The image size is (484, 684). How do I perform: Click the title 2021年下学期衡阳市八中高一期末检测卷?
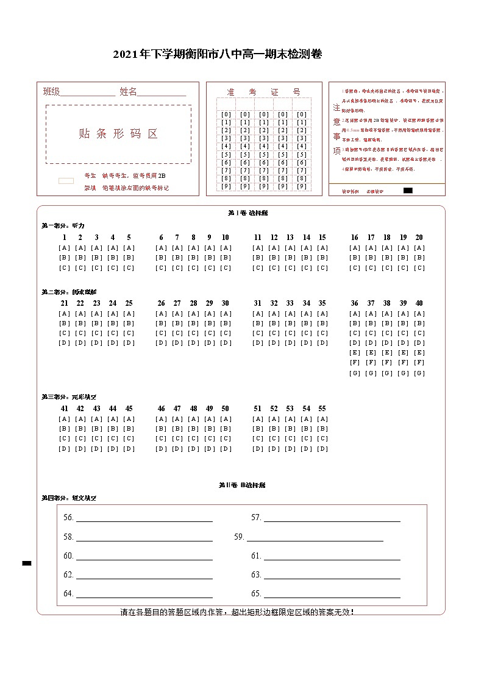pyautogui.click(x=217, y=54)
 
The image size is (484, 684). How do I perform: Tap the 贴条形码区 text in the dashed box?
pyautogui.click(x=118, y=134)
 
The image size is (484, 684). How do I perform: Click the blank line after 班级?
pyautogui.click(x=88, y=93)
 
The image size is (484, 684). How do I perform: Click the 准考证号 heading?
pyautogui.click(x=263, y=92)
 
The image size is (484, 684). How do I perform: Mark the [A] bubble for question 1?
pyautogui.click(x=64, y=248)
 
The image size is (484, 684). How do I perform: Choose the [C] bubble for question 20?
pyautogui.click(x=419, y=268)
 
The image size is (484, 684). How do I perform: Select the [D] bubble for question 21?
pyautogui.click(x=64, y=343)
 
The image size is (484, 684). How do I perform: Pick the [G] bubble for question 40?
pyautogui.click(x=419, y=373)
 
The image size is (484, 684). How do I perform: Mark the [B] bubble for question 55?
pyautogui.click(x=322, y=429)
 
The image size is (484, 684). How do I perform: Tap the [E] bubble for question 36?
pyautogui.click(x=355, y=353)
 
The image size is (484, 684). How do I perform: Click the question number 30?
pyautogui.click(x=226, y=303)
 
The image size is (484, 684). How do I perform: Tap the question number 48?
pyautogui.click(x=193, y=409)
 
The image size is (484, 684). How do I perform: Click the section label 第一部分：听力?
pyautogui.click(x=63, y=225)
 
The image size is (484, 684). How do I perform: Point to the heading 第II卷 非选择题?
pyautogui.click(x=242, y=485)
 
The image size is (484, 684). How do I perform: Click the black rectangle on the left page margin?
pyautogui.click(x=27, y=563)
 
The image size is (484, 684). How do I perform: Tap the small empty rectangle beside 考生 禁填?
pyautogui.click(x=66, y=181)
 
